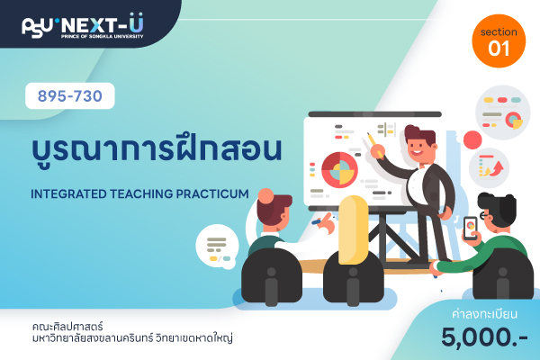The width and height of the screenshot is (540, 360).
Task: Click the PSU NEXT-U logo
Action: [x=83, y=26]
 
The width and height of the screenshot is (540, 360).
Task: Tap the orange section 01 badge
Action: [x=499, y=41]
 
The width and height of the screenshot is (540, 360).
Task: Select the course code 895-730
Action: [x=70, y=95]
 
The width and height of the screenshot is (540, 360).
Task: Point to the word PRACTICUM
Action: [x=212, y=194]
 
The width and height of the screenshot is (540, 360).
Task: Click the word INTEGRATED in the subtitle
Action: [x=69, y=194]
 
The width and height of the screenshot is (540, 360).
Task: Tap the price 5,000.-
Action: [x=484, y=337]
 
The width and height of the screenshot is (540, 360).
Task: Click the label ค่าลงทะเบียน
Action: [x=484, y=314]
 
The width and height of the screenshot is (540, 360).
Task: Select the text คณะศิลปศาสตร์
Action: [x=67, y=326]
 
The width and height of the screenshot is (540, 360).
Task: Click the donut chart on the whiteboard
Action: [x=340, y=170]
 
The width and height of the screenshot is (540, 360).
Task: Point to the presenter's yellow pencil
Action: [x=375, y=146]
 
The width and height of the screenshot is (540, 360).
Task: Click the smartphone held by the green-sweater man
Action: [x=471, y=228]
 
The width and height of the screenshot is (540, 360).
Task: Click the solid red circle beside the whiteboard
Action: [x=472, y=139]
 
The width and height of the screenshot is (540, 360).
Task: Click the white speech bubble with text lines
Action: [x=218, y=247]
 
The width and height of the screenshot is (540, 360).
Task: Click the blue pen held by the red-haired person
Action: [x=317, y=221]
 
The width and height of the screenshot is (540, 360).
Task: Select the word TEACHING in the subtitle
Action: [x=141, y=194]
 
